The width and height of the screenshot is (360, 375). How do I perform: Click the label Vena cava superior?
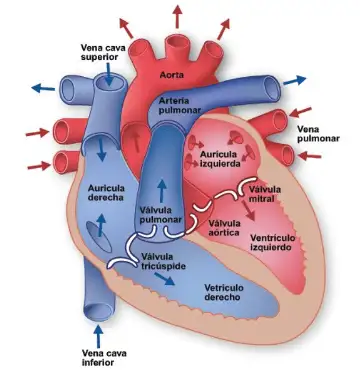(105, 50)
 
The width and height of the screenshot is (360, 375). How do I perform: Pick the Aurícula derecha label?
(108, 192)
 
